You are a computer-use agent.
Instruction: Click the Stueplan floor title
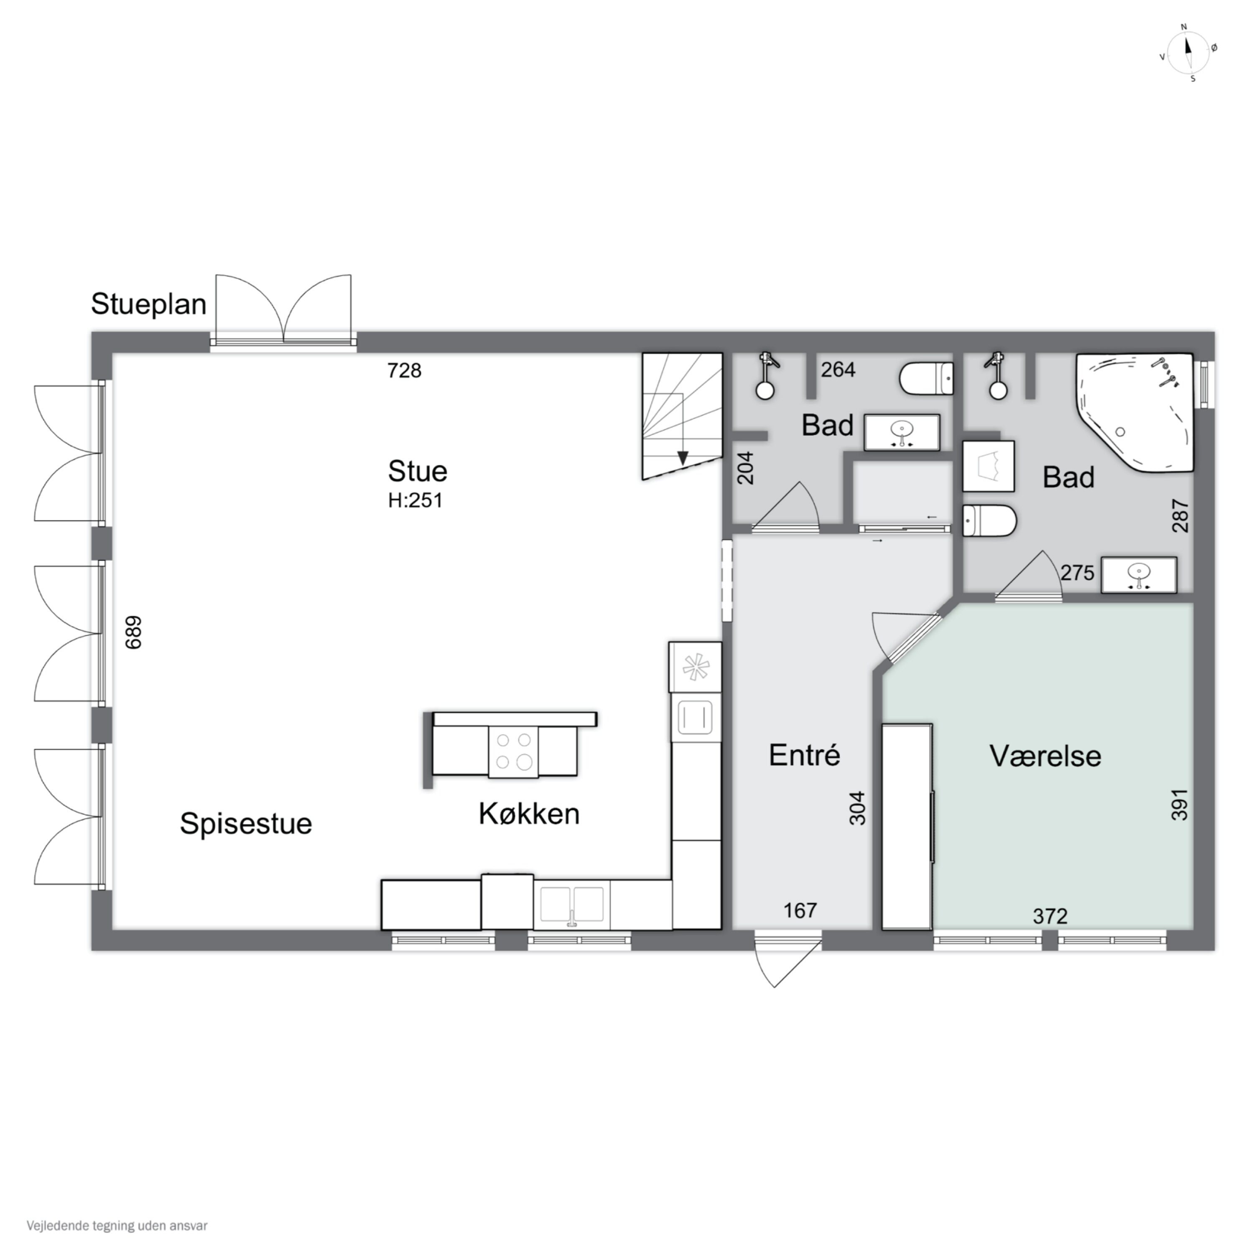click(x=149, y=304)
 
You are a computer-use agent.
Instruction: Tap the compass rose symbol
click(x=1188, y=54)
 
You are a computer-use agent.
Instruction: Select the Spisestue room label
click(x=246, y=823)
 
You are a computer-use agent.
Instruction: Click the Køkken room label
click(x=529, y=814)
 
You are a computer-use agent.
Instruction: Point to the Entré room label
click(x=804, y=755)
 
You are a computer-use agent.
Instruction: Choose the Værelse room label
click(x=1045, y=756)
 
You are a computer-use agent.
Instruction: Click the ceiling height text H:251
click(x=415, y=500)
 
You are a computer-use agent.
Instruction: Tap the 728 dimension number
click(x=404, y=371)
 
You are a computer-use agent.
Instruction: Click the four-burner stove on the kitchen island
click(x=513, y=752)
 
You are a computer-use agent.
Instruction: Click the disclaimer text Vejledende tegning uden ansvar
click(x=117, y=1226)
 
